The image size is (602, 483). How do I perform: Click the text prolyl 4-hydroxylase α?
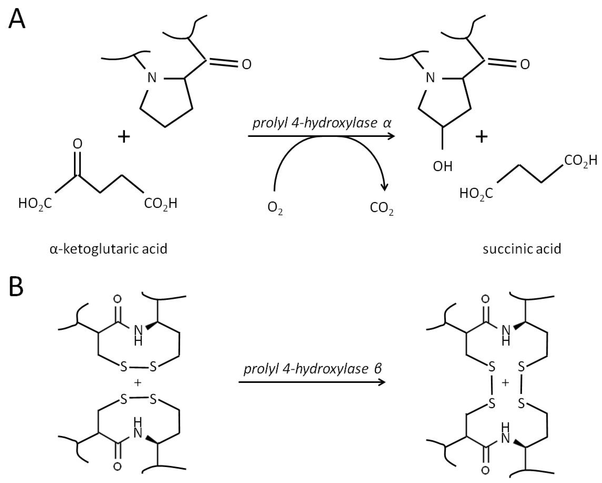[322, 123]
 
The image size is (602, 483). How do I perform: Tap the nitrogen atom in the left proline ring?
[152, 78]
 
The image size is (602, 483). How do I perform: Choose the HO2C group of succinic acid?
[476, 193]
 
